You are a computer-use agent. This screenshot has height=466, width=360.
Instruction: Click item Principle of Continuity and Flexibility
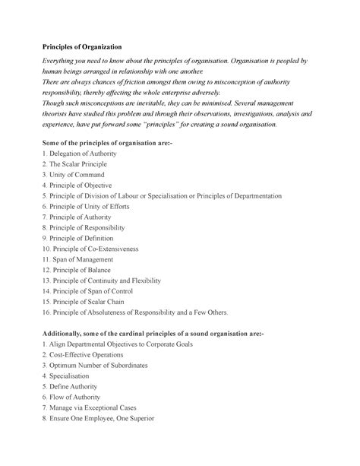click(x=103, y=281)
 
